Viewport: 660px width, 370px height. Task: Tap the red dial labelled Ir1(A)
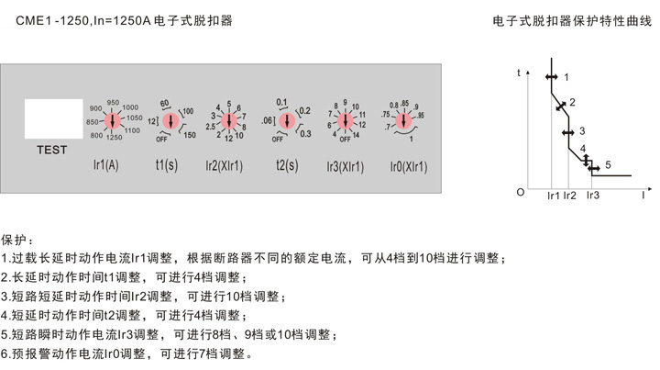click(112, 120)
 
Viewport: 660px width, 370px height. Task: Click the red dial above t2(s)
click(286, 120)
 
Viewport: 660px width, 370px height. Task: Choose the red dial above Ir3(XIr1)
click(345, 120)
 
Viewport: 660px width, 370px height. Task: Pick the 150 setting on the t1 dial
click(191, 136)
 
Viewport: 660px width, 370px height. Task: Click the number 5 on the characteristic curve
click(607, 164)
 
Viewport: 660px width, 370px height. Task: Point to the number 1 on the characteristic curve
click(566, 76)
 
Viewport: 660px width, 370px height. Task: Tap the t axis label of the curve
click(519, 72)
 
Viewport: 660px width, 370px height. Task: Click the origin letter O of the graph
click(520, 192)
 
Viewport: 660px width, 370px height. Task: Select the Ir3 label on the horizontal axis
click(592, 196)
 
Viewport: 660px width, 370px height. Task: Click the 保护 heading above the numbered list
click(16, 239)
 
